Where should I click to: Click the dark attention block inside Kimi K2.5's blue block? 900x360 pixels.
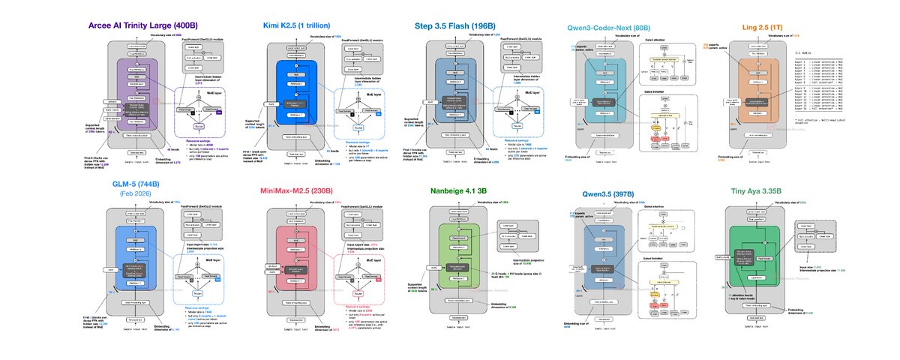coord(301,99)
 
